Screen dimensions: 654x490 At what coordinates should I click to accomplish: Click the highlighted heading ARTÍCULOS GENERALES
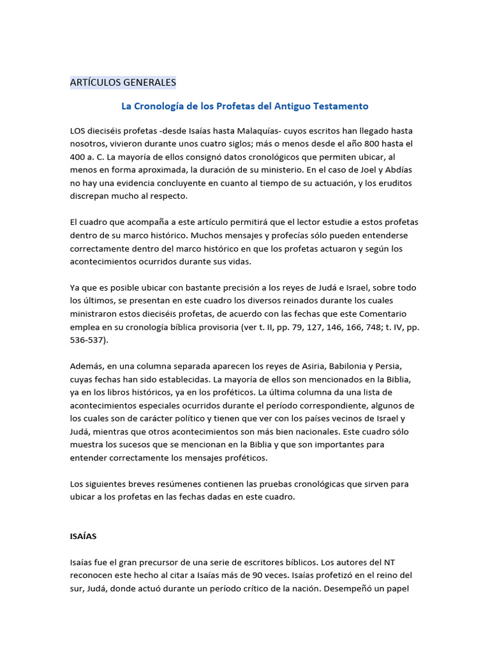[122, 82]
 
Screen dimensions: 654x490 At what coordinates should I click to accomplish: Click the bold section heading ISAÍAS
[83, 537]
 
